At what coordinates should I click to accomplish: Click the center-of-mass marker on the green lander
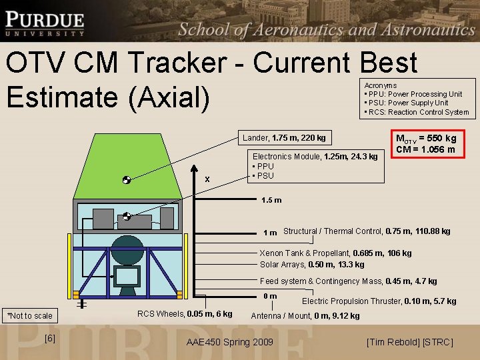coord(126,180)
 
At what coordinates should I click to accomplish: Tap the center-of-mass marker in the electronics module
coord(126,216)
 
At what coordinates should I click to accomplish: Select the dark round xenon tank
coord(127,249)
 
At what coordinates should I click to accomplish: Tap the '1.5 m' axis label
coord(271,200)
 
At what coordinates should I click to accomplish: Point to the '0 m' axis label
coord(270,296)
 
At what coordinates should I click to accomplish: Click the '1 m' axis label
coord(270,233)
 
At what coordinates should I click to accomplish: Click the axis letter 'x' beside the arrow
coord(207,179)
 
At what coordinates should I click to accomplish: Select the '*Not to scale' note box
coord(29,315)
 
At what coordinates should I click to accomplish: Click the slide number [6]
coord(49,339)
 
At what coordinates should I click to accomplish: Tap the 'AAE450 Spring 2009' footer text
coord(230,342)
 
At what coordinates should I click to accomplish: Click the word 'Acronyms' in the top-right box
coord(381,85)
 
